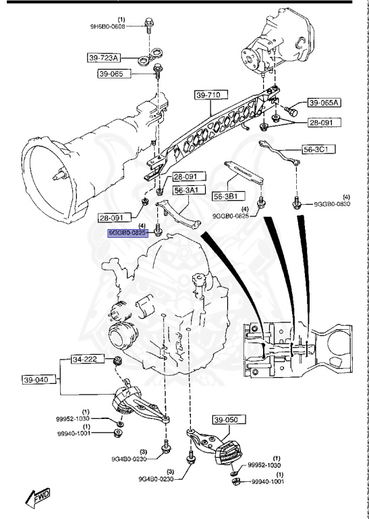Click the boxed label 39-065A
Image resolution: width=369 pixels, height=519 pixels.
325,103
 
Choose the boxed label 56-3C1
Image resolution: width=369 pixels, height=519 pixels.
320,149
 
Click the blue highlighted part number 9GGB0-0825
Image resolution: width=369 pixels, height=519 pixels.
128,232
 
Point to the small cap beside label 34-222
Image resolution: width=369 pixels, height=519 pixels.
117,359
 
